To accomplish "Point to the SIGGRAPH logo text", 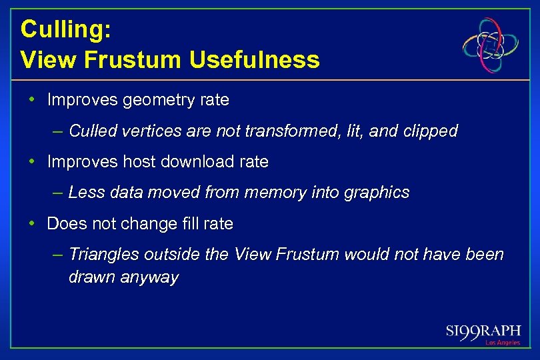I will tap(483, 331).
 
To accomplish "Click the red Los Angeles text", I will tap(503, 343).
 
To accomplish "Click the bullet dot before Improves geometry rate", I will tap(32, 100).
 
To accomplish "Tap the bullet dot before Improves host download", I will tap(32, 161).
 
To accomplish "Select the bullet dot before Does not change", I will tap(32, 223).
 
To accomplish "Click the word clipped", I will tap(431, 131).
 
